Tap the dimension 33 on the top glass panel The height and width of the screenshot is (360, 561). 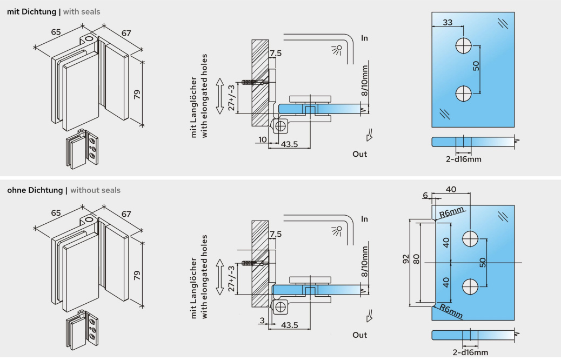coord(448,23)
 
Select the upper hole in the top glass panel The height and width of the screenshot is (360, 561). coord(463,45)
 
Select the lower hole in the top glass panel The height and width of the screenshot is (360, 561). coord(463,95)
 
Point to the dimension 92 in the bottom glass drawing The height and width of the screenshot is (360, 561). coord(406,260)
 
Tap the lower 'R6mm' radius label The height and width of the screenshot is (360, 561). coord(451,311)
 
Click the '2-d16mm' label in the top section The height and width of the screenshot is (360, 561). coord(463,159)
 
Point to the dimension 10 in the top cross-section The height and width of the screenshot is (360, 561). coord(262,140)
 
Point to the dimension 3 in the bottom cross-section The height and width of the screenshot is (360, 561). coord(263,321)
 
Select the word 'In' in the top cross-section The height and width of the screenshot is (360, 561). coord(364,38)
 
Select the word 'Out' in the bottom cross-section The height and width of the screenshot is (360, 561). coord(359,335)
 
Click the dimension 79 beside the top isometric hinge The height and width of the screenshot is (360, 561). coord(137,94)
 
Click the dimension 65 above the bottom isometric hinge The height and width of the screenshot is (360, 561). coord(56,213)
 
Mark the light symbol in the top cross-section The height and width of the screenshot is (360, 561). coord(337,50)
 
